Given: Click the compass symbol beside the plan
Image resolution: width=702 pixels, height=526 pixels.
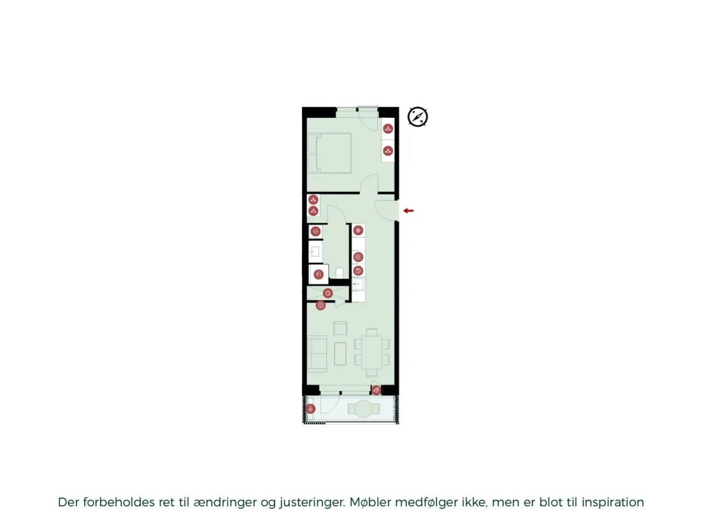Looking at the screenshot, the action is click(418, 117).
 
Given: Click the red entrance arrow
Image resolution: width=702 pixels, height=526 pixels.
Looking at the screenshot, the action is click(408, 210).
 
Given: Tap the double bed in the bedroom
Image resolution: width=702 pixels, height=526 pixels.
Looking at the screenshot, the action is click(329, 153).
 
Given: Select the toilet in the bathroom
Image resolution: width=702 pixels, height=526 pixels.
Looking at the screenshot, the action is click(340, 272).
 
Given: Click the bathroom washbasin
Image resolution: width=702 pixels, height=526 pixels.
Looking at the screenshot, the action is click(315, 252).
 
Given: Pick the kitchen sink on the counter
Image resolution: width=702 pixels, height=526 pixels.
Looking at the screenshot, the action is click(358, 284).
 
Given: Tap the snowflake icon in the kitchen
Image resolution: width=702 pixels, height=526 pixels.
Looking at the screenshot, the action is click(358, 230).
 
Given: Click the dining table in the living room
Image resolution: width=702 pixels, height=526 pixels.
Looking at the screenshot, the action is click(372, 352).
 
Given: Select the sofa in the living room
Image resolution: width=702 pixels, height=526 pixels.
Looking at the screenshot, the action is click(317, 354).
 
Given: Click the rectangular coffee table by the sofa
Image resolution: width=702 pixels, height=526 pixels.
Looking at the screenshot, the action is click(340, 353).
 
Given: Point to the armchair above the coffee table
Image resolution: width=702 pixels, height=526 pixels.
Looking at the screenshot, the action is click(340, 328).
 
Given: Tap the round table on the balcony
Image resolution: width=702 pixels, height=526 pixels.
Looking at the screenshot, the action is click(364, 409).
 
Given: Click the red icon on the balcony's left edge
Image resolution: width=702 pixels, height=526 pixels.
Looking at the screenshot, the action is click(310, 408).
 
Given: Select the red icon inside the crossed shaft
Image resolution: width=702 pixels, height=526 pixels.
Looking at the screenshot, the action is click(328, 293).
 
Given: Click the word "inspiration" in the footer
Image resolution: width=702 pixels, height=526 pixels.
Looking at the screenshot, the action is click(613, 502).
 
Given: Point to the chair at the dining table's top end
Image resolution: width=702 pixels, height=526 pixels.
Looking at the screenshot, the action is click(371, 332).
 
